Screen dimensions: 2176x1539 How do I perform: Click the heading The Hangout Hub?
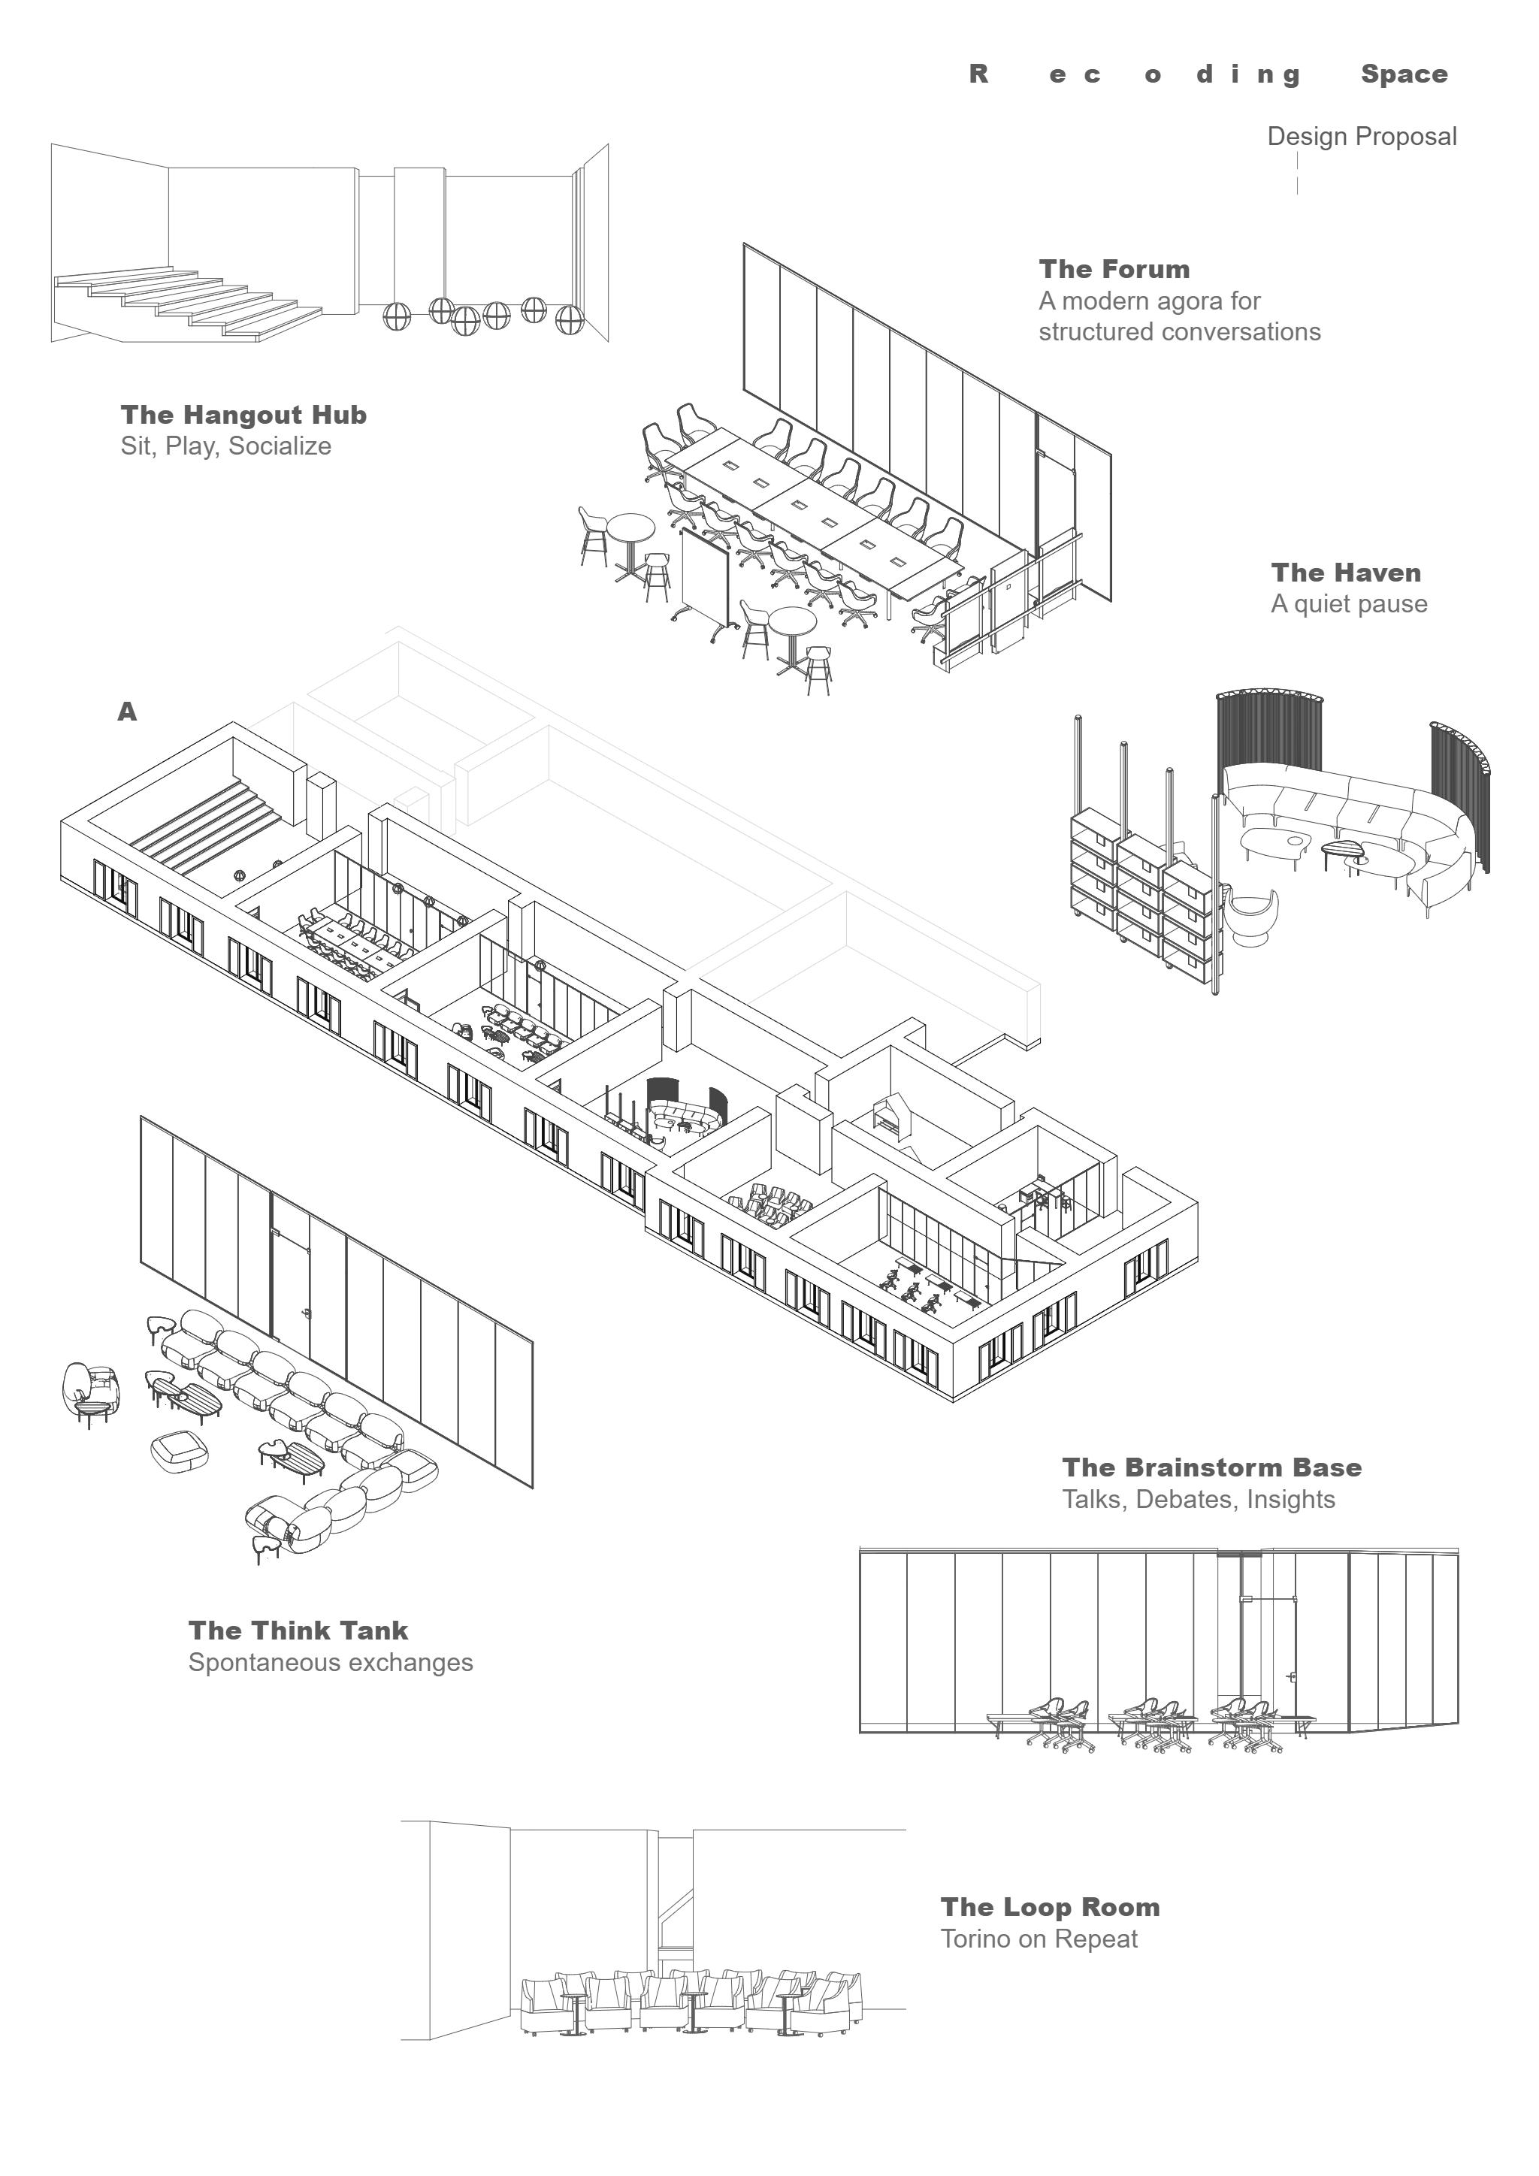(x=243, y=415)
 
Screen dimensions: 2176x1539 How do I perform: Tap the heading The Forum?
(x=1114, y=269)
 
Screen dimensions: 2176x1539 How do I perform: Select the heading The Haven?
(x=1346, y=573)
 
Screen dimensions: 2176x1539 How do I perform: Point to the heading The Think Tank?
(x=298, y=1631)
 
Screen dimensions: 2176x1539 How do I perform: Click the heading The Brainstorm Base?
(x=1211, y=1468)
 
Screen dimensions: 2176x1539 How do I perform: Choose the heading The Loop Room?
(x=1050, y=1908)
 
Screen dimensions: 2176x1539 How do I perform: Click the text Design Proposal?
(x=1361, y=137)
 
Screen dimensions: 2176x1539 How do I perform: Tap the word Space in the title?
(x=1404, y=75)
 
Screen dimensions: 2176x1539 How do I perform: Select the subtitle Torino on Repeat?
(x=1039, y=1939)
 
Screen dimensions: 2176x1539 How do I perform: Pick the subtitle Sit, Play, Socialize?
(x=225, y=446)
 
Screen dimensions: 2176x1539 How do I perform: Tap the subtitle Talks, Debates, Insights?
(x=1198, y=1499)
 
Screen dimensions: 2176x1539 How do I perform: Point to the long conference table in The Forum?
(x=815, y=512)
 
